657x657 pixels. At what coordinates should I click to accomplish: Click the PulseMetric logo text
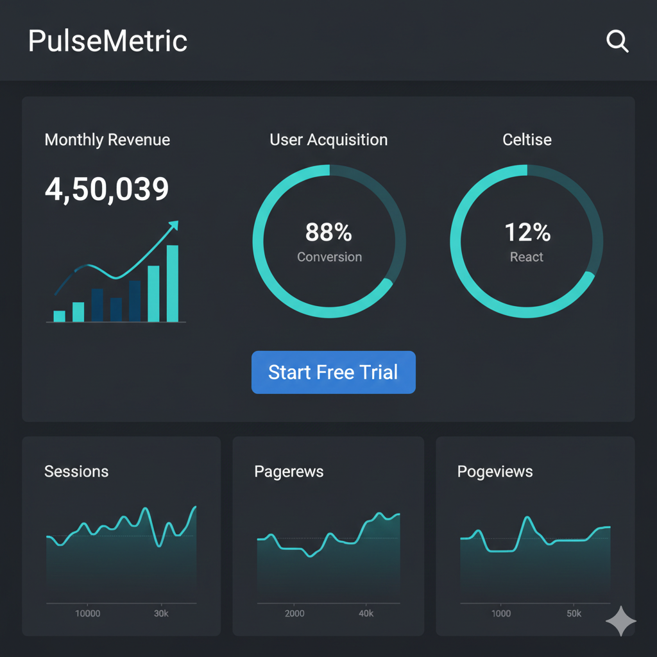pyautogui.click(x=108, y=42)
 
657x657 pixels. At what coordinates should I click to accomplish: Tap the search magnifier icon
pyautogui.click(x=617, y=42)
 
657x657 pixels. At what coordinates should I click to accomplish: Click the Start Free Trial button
pyautogui.click(x=333, y=372)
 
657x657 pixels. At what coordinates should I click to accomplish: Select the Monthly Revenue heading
pyautogui.click(x=107, y=140)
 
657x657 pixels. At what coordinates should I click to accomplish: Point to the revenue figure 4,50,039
pyautogui.click(x=107, y=189)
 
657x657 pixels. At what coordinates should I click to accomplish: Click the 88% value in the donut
pyautogui.click(x=328, y=232)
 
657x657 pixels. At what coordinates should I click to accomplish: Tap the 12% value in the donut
pyautogui.click(x=527, y=232)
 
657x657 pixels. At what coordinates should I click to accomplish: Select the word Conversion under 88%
pyautogui.click(x=329, y=257)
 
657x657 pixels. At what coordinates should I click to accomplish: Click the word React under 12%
pyautogui.click(x=527, y=257)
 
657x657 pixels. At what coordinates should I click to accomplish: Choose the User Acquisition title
pyautogui.click(x=328, y=140)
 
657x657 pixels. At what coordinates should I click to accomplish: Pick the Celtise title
pyautogui.click(x=527, y=140)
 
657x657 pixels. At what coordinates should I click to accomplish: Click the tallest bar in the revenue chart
pyautogui.click(x=173, y=283)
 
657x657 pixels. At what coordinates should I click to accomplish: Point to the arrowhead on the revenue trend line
pyautogui.click(x=173, y=225)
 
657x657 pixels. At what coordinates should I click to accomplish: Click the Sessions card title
pyautogui.click(x=76, y=472)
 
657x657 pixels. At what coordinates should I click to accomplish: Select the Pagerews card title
pyautogui.click(x=289, y=472)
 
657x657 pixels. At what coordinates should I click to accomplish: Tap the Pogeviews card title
pyautogui.click(x=495, y=472)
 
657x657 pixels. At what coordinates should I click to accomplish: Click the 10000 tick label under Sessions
pyautogui.click(x=88, y=613)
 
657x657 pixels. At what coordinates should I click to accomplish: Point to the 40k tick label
pyautogui.click(x=366, y=613)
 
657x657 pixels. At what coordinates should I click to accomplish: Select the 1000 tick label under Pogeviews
pyautogui.click(x=501, y=613)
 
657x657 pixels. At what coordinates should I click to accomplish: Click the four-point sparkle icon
pyautogui.click(x=620, y=620)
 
